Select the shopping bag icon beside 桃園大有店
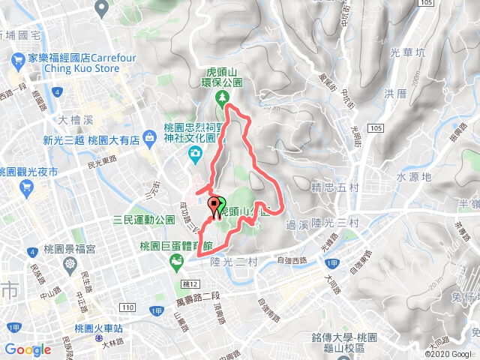[151, 139]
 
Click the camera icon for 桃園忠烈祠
[195, 154]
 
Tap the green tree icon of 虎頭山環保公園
[223, 98]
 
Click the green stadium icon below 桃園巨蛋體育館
[176, 261]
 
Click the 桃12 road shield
[188, 284]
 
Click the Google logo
[27, 349]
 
